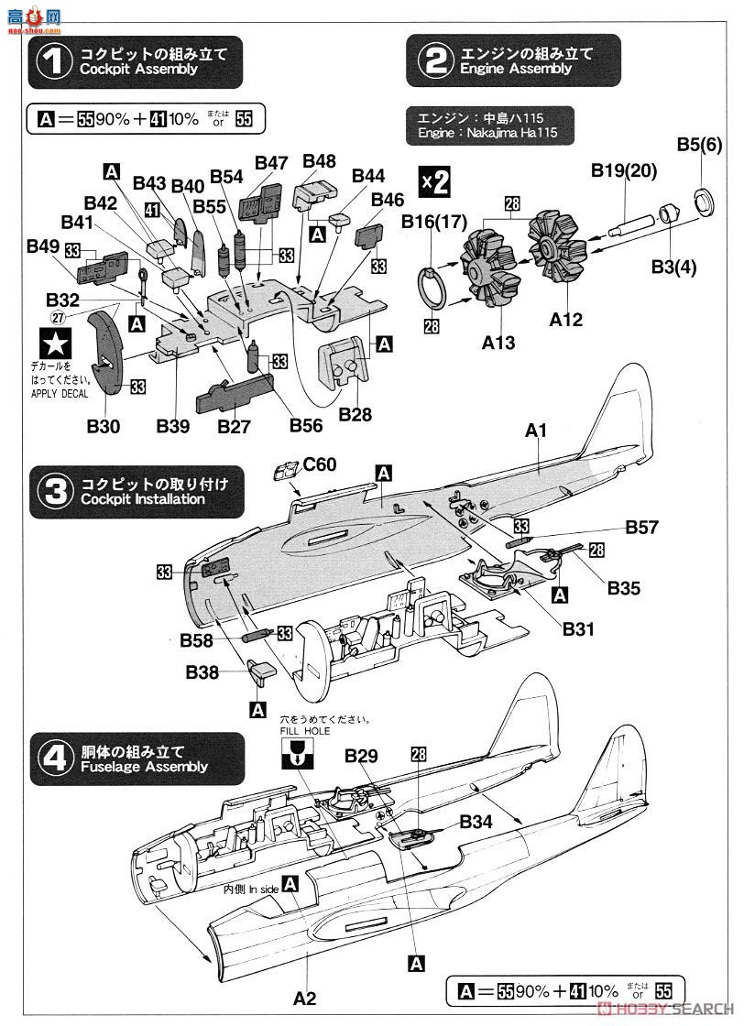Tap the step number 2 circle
click(x=432, y=60)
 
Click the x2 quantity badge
click(x=434, y=181)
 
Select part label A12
click(x=565, y=320)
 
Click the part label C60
click(x=321, y=464)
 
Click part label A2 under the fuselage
click(x=304, y=997)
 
